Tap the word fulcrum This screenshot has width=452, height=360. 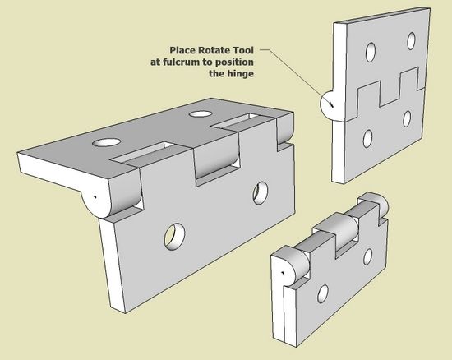click(x=190, y=62)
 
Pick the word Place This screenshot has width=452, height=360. click(x=182, y=50)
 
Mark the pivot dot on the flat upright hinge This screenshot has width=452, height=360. click(x=332, y=105)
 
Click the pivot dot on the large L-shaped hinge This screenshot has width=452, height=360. click(x=95, y=197)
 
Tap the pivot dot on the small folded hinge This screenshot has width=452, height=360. click(x=283, y=272)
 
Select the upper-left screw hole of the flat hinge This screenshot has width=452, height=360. click(x=371, y=52)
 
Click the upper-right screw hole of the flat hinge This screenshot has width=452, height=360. click(x=412, y=41)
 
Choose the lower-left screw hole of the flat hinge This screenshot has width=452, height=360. click(x=367, y=139)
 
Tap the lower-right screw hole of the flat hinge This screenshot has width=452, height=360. click(x=407, y=118)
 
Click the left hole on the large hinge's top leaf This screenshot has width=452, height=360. click(x=107, y=142)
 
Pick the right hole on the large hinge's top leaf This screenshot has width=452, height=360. click(x=200, y=114)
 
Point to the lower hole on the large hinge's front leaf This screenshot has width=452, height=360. click(x=175, y=236)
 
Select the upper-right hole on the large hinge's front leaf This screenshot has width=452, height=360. click(x=261, y=193)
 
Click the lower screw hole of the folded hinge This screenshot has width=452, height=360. click(x=323, y=293)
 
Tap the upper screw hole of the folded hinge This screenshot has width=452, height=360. click(x=368, y=256)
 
